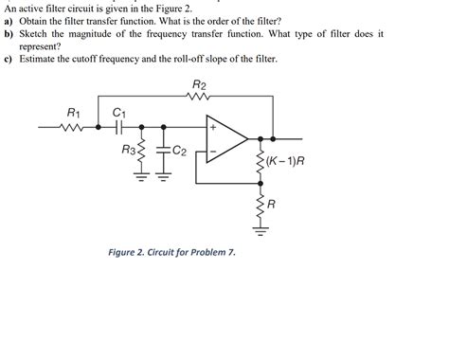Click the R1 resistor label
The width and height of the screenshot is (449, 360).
tap(74, 112)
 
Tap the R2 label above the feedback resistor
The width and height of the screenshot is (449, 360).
tap(197, 84)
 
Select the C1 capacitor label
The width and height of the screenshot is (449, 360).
tap(118, 112)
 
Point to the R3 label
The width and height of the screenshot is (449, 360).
tap(129, 150)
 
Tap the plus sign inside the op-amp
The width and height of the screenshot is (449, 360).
tap(214, 128)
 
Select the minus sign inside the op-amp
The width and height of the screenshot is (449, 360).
tap(214, 151)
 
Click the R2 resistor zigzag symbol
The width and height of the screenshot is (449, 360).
tap(197, 98)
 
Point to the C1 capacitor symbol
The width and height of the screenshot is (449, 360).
tap(118, 126)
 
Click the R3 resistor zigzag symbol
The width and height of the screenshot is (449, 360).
tap(142, 151)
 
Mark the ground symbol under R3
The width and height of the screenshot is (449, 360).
tap(142, 176)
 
